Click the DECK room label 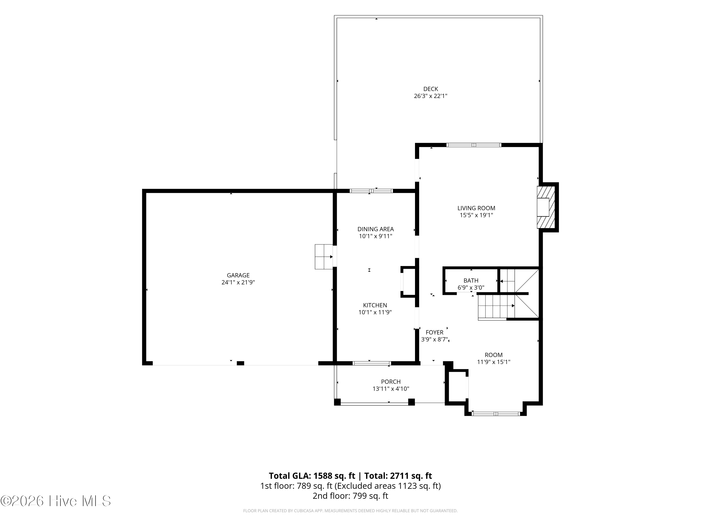point(431,89)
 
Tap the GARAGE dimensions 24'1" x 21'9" point(238,282)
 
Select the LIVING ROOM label point(476,208)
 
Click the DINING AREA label point(376,229)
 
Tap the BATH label point(471,280)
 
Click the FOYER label point(434,332)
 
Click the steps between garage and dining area point(324,257)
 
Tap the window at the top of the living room point(474,145)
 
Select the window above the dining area point(371,191)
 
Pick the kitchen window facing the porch point(372,363)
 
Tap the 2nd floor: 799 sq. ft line point(350,496)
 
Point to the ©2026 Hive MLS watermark point(56,501)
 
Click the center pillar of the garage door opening point(240,363)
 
